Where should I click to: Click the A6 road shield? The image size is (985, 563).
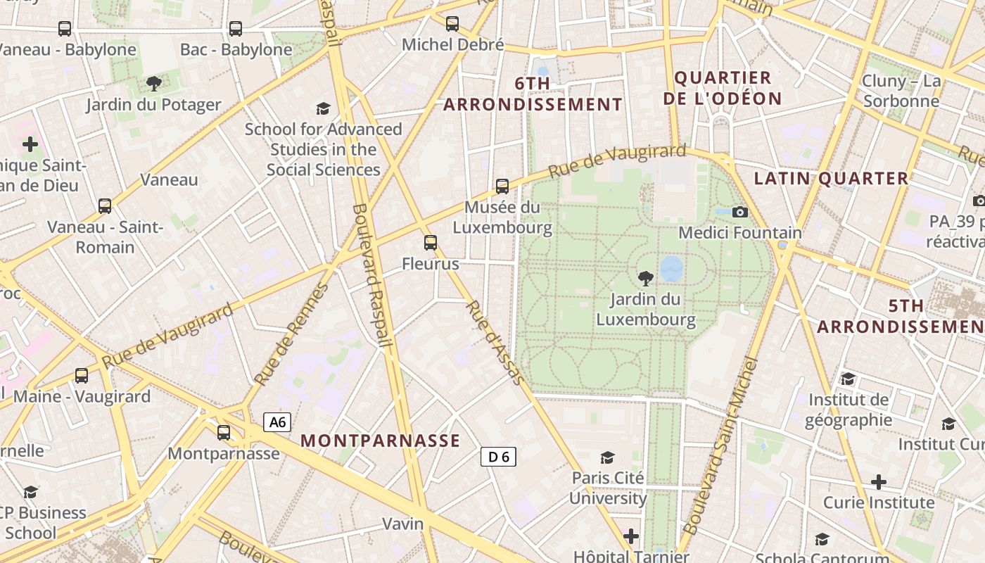277,422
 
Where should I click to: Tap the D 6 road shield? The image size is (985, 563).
498,457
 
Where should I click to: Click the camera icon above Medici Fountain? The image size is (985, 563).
739,212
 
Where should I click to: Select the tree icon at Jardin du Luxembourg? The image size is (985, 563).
644,279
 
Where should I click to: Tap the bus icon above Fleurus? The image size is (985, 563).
430,243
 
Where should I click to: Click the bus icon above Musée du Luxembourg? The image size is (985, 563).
502,186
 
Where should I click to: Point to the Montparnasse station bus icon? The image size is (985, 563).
223,433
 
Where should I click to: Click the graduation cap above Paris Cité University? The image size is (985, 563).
607,457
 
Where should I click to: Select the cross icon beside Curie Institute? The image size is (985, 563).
878,482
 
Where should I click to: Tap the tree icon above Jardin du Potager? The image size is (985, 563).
153,84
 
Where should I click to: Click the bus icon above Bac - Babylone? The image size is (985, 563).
235,29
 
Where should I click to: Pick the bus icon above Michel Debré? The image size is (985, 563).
452,24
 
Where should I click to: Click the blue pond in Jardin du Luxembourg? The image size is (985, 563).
671,267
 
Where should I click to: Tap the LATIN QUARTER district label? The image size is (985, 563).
831,179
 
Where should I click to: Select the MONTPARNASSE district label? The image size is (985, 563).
380,441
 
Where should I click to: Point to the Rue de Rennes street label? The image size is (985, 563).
291,335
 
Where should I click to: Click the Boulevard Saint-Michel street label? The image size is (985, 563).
720,445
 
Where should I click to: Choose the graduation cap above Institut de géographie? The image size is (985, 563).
848,379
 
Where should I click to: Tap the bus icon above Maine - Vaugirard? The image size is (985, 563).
82,376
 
